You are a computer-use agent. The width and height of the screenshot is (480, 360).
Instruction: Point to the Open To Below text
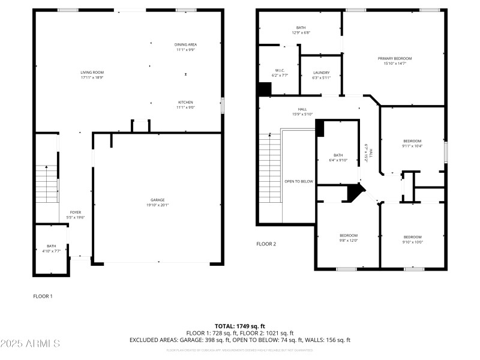(x=299, y=181)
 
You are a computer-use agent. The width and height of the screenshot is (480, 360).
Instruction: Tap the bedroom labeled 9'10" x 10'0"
(x=413, y=239)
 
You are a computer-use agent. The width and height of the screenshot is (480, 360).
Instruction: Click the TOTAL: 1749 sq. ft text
(x=239, y=326)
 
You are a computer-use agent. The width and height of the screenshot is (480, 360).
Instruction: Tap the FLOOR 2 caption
(x=266, y=244)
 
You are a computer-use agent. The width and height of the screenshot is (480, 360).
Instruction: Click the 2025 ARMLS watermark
(x=30, y=344)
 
